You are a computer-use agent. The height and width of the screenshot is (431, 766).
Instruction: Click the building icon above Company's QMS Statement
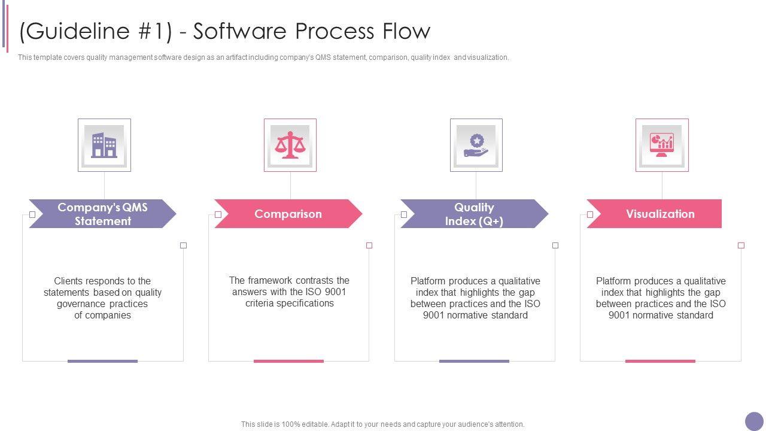coord(104,145)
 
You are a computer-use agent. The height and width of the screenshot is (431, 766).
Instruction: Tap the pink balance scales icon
coord(290,145)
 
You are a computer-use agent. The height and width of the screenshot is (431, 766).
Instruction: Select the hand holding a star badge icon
coord(476,145)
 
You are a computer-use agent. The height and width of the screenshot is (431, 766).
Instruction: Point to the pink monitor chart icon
coord(662,145)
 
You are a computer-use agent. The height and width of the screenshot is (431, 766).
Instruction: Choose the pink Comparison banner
coord(288,214)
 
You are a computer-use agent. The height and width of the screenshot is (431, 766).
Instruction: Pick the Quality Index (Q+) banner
coord(474,214)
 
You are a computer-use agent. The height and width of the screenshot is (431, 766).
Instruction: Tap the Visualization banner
coord(660,214)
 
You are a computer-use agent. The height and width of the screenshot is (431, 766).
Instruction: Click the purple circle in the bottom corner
coord(754,421)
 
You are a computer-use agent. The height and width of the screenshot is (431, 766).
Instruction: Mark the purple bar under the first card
coord(102,361)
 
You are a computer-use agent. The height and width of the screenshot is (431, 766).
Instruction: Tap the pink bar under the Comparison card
coord(288,361)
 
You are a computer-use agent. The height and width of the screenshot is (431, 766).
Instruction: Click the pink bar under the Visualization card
coord(660,361)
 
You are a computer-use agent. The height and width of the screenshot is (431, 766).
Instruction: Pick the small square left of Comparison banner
coord(218,214)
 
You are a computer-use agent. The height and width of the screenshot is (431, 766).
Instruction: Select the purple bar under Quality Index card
coord(474,361)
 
